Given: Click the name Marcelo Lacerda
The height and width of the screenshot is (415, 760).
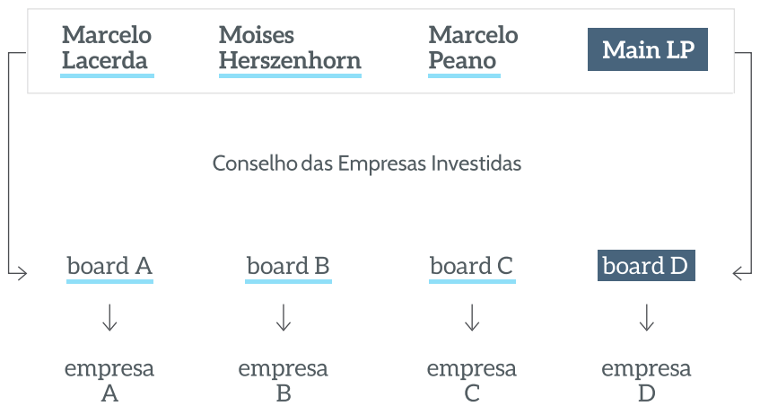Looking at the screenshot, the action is (107, 48).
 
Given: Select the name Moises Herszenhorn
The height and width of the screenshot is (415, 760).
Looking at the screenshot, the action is (290, 48).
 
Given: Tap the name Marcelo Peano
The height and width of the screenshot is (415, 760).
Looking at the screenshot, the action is (473, 48).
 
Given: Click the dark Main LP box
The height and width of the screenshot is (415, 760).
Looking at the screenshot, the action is (648, 49).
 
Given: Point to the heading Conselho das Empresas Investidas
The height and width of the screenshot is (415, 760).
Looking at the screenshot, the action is (367, 163).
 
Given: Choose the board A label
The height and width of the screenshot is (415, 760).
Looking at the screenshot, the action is (109, 266).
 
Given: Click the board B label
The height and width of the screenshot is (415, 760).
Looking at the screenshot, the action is (288, 266).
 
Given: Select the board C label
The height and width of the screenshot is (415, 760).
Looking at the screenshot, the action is (472, 266).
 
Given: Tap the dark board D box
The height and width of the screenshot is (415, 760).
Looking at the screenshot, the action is (646, 266).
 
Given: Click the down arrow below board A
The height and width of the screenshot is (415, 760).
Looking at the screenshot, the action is (110, 317).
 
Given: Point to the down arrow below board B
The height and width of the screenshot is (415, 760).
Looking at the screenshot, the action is (284, 317).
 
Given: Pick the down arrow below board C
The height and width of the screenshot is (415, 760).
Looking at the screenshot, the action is (472, 317).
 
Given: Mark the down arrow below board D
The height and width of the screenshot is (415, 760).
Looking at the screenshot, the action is (647, 317).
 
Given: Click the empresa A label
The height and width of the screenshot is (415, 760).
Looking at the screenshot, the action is (109, 381).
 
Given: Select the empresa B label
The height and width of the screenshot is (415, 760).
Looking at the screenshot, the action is (284, 381).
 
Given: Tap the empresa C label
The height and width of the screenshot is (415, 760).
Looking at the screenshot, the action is (472, 381).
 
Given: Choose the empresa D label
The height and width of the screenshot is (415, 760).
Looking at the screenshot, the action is (647, 381).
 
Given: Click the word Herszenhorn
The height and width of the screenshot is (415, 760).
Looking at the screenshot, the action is (290, 61).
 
